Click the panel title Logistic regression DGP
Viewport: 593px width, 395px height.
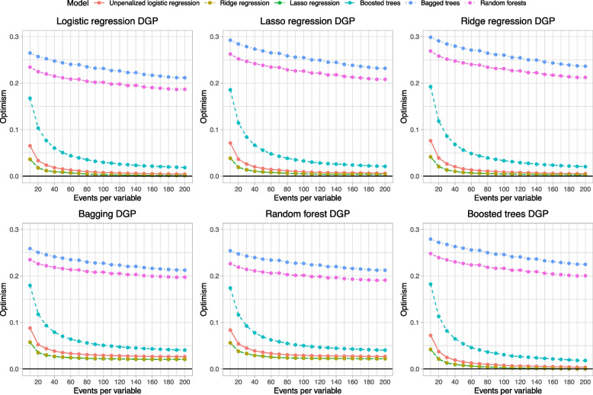tap(106, 21)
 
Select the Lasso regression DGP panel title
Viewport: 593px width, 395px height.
tap(304, 21)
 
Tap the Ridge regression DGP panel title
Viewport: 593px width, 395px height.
tap(502, 21)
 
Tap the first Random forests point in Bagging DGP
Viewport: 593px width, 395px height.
tap(30, 259)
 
